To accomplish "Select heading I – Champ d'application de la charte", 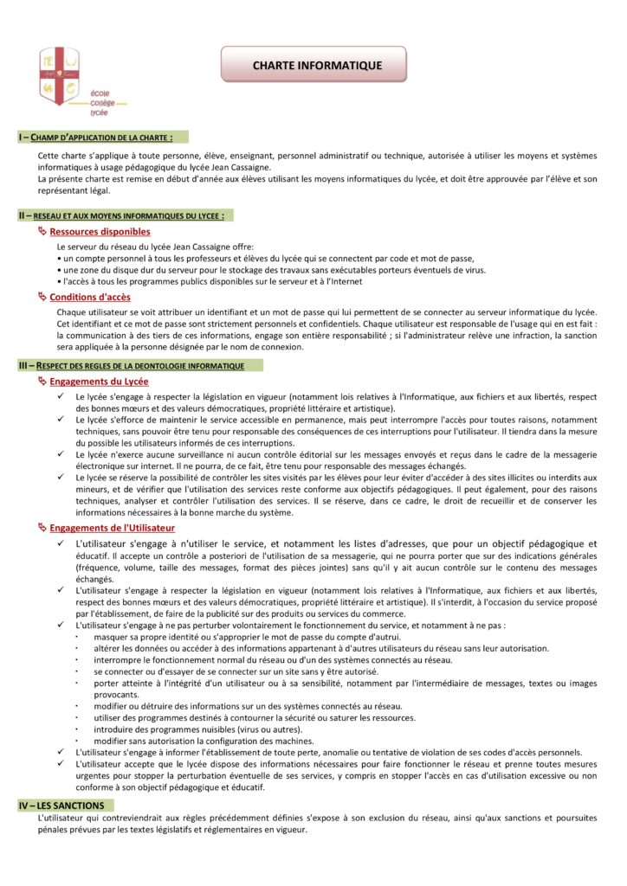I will click(x=95, y=138).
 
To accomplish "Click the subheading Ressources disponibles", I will click(x=100, y=232).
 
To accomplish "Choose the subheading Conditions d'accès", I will click(x=90, y=298).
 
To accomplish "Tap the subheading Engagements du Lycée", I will click(x=99, y=382).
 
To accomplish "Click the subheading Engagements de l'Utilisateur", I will click(x=112, y=527).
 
